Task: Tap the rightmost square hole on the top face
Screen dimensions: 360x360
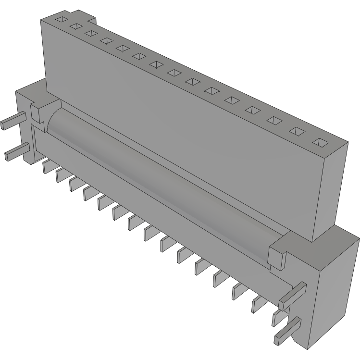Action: tap(320, 142)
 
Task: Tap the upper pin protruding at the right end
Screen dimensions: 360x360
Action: tap(291, 295)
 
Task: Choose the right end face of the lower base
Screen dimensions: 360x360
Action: tap(334, 298)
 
